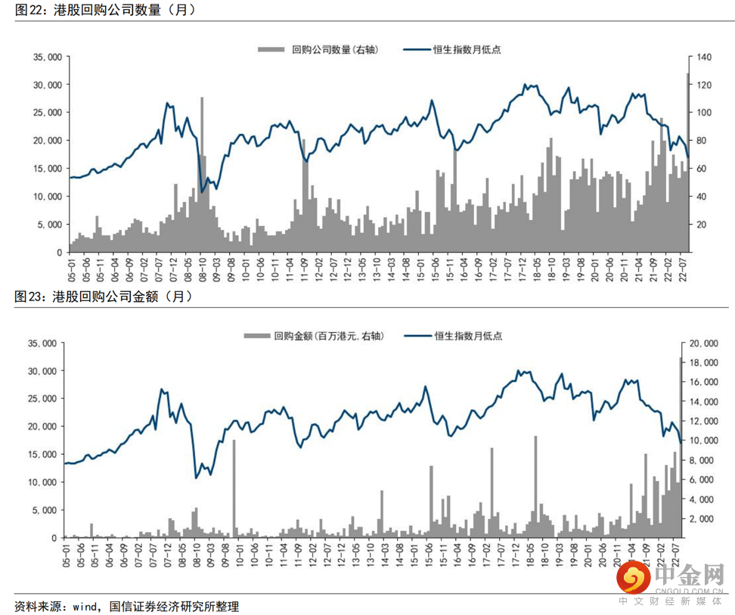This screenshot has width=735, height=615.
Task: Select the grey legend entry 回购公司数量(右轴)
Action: [x=318, y=49]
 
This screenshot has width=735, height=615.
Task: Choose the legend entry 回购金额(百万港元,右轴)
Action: [x=314, y=335]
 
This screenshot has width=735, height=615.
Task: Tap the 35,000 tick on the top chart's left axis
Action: [x=47, y=57]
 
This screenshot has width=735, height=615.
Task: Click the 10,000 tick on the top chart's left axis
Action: [x=47, y=197]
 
